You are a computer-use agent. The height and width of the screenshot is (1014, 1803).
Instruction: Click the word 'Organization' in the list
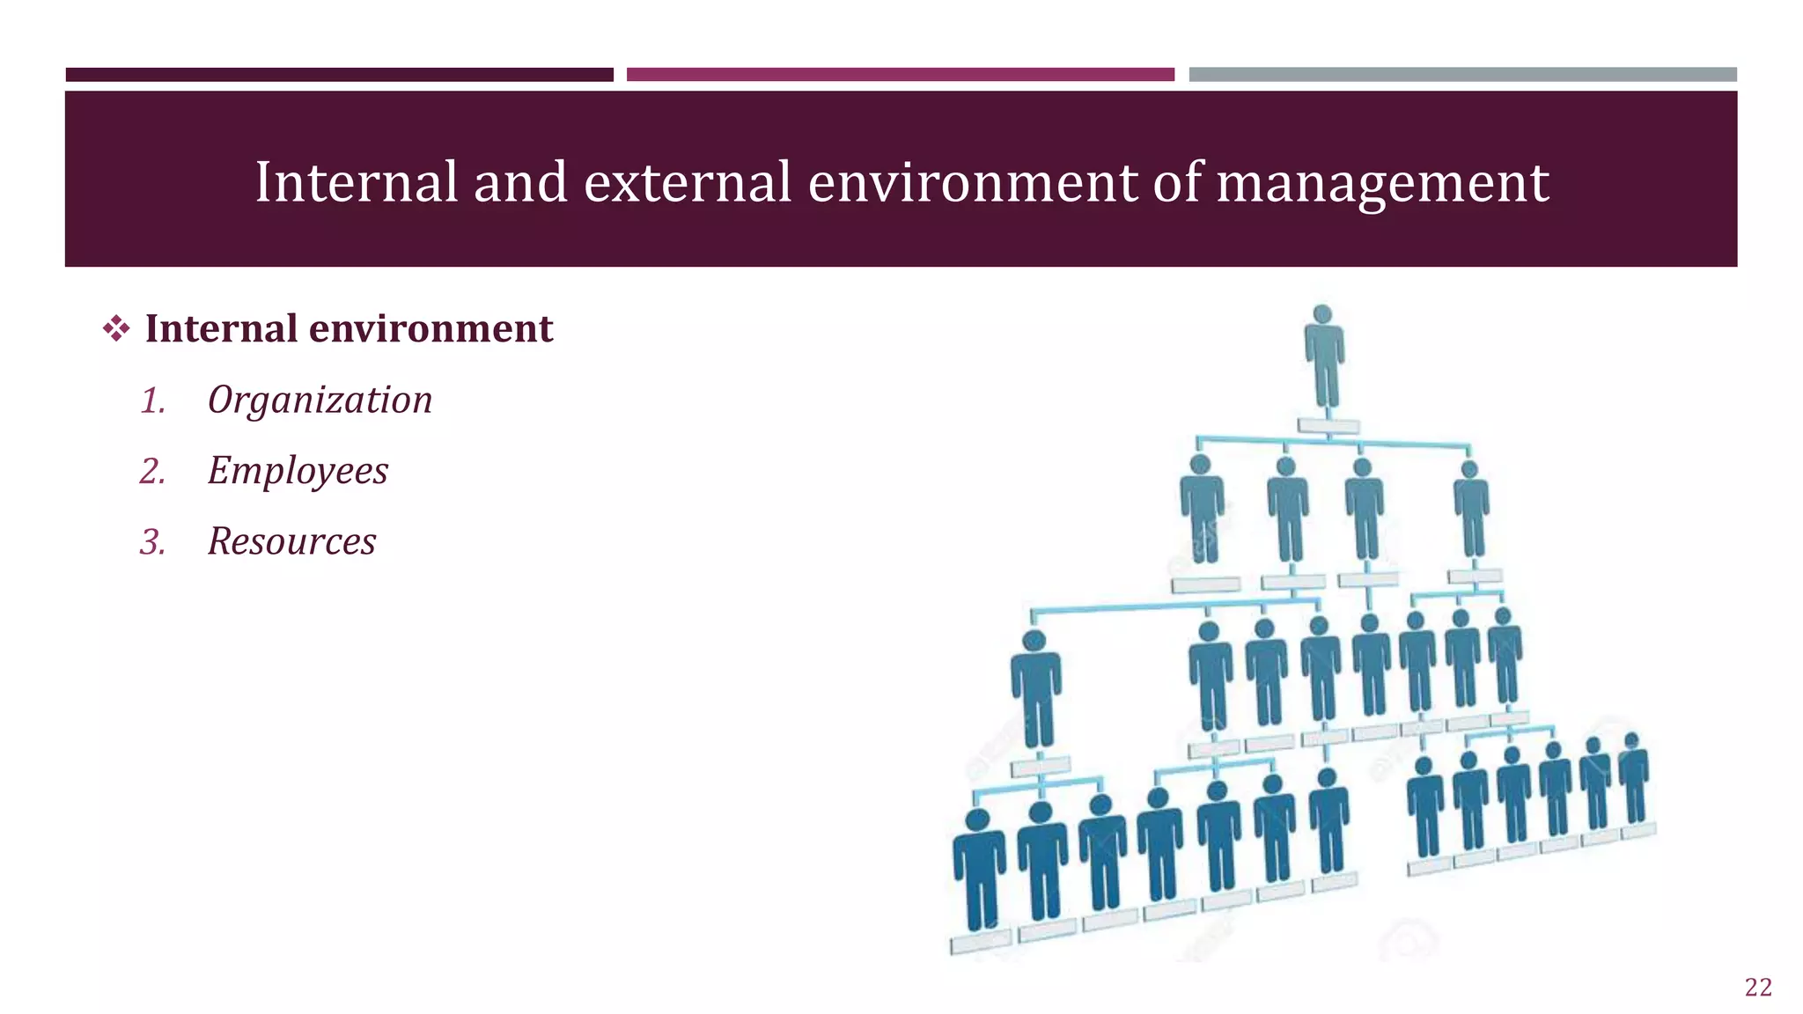click(x=320, y=400)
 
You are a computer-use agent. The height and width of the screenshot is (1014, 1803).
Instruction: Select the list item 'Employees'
click(x=298, y=471)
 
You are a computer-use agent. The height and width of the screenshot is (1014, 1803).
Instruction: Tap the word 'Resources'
click(x=291, y=541)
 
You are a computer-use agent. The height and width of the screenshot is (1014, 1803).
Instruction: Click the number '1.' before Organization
click(x=153, y=401)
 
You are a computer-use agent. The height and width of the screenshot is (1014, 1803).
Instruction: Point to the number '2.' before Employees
click(x=153, y=472)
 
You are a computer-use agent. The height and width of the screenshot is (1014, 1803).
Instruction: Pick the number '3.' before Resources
click(x=153, y=542)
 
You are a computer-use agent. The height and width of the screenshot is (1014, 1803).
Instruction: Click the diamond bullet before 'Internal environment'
click(x=116, y=329)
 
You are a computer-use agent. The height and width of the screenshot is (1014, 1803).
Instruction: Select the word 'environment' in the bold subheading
click(x=431, y=328)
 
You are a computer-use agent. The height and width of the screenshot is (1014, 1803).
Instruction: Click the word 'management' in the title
click(x=1382, y=182)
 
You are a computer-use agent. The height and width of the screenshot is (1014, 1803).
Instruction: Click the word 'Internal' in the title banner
click(x=357, y=182)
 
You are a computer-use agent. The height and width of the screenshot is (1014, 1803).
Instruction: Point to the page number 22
click(x=1758, y=987)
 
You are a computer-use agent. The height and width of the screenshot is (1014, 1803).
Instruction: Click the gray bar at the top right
click(x=1462, y=75)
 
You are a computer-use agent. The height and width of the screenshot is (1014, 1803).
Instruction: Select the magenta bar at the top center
click(x=900, y=75)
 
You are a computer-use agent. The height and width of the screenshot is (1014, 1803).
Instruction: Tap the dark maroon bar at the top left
click(x=339, y=75)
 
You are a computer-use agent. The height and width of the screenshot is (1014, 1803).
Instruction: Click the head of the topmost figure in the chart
click(x=1322, y=314)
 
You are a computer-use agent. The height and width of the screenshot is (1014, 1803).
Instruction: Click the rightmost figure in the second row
click(x=1471, y=511)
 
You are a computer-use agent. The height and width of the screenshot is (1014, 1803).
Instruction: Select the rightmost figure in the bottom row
click(x=1634, y=779)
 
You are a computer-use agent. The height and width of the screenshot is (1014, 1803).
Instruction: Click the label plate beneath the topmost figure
click(x=1328, y=426)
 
